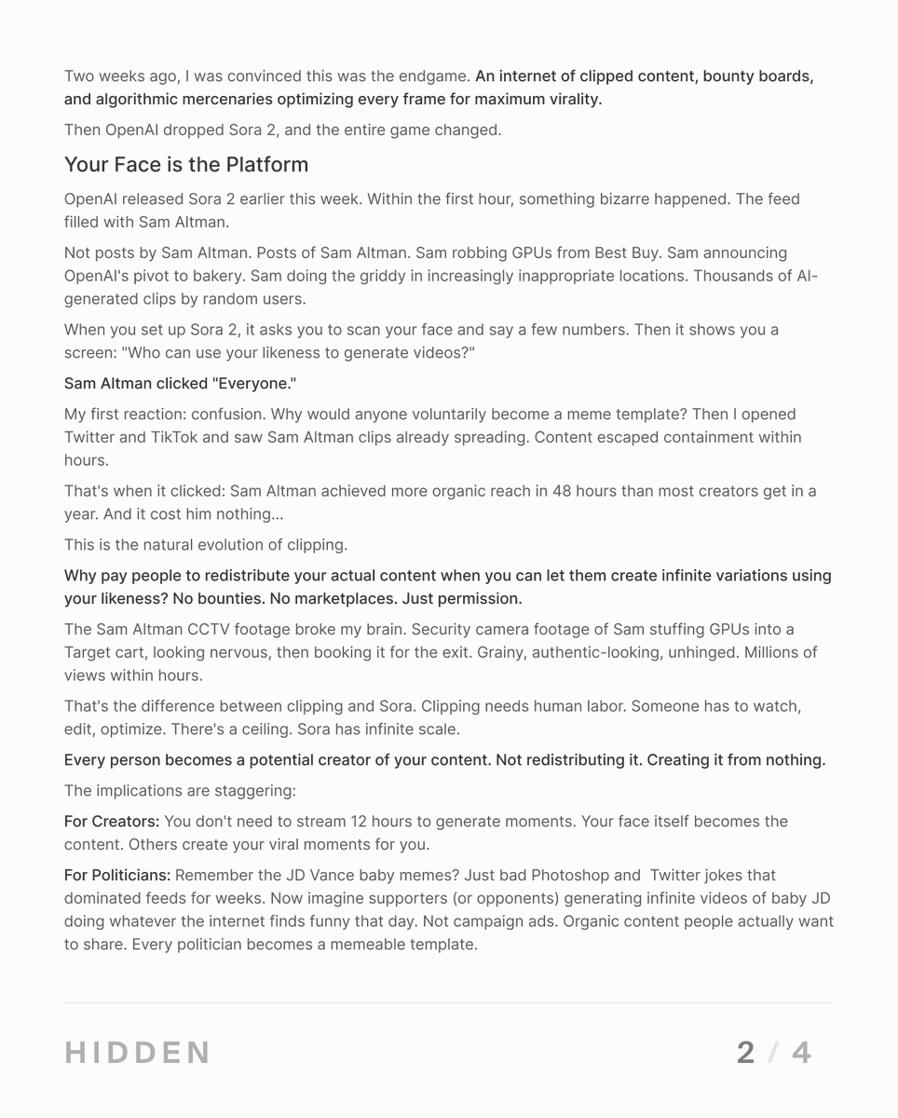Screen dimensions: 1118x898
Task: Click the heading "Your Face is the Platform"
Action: pyautogui.click(x=185, y=165)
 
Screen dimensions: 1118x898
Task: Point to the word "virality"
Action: pyautogui.click(x=567, y=99)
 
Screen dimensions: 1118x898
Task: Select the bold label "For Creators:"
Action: pyautogui.click(x=112, y=822)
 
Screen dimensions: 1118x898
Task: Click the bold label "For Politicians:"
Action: pyautogui.click(x=117, y=876)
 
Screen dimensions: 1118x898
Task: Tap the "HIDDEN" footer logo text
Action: pyautogui.click(x=137, y=1053)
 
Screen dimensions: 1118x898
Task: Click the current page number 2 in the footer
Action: pyautogui.click(x=745, y=1053)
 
